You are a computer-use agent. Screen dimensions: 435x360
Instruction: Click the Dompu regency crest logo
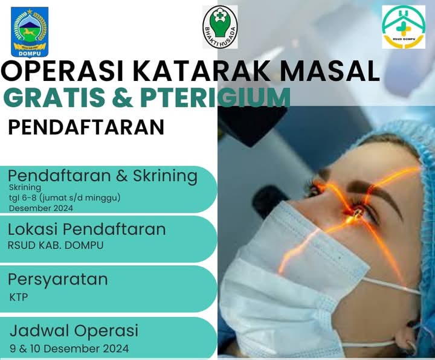tap(30, 32)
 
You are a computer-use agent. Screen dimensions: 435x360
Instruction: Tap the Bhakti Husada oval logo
tap(220, 27)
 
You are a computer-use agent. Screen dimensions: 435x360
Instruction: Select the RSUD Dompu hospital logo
tap(404, 27)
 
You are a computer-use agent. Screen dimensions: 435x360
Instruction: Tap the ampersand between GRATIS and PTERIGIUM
tap(123, 98)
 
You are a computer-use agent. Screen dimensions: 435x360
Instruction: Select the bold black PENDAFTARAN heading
tap(86, 127)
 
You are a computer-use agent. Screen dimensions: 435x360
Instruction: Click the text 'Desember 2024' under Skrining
tap(41, 208)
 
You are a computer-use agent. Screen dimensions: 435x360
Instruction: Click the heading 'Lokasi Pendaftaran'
tap(87, 230)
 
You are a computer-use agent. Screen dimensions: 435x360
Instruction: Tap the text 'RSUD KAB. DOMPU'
tap(56, 245)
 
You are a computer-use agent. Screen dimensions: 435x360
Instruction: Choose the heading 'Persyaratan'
tap(58, 280)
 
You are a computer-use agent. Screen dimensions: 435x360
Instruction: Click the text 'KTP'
tap(19, 297)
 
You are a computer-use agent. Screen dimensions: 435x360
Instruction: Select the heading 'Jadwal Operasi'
tap(74, 330)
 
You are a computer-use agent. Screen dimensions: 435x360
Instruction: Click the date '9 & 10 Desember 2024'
tap(69, 349)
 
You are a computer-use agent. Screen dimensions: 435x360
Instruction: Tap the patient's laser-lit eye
tap(356, 213)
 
